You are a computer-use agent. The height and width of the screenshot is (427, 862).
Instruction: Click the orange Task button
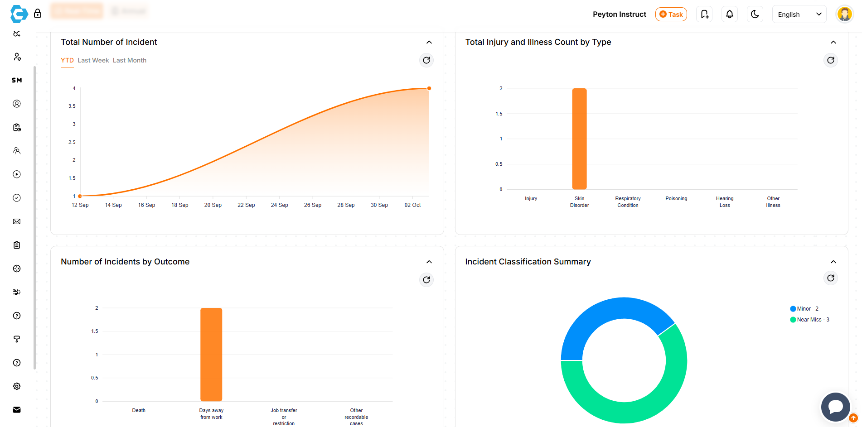pos(671,14)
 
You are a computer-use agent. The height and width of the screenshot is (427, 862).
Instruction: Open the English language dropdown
pos(799,14)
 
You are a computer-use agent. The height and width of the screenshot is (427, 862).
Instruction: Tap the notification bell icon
pos(730,14)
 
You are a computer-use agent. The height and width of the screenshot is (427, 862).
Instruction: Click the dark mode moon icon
pos(755,14)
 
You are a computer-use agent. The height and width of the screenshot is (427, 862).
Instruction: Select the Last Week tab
pos(93,60)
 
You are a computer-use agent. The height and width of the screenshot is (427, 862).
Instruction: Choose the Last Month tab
pos(130,60)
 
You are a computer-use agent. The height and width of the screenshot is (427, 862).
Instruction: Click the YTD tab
pos(67,60)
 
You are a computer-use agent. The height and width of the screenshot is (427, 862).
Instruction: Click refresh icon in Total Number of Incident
pos(426,60)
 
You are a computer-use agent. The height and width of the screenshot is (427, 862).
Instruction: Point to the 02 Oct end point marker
pos(429,88)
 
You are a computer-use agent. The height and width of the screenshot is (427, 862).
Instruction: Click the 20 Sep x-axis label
pos(213,205)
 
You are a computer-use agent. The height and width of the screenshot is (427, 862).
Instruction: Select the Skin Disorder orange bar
pos(579,139)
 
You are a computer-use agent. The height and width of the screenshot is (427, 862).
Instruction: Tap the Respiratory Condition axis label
pos(628,202)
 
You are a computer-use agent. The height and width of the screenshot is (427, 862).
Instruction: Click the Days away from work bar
pos(211,355)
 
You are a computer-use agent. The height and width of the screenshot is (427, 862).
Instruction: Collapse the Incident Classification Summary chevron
pos(833,262)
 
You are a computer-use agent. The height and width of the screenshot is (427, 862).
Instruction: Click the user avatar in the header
pos(844,14)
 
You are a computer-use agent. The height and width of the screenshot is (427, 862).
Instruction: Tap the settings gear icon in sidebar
pos(17,386)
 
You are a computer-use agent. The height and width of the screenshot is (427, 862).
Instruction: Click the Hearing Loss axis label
pos(725,202)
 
